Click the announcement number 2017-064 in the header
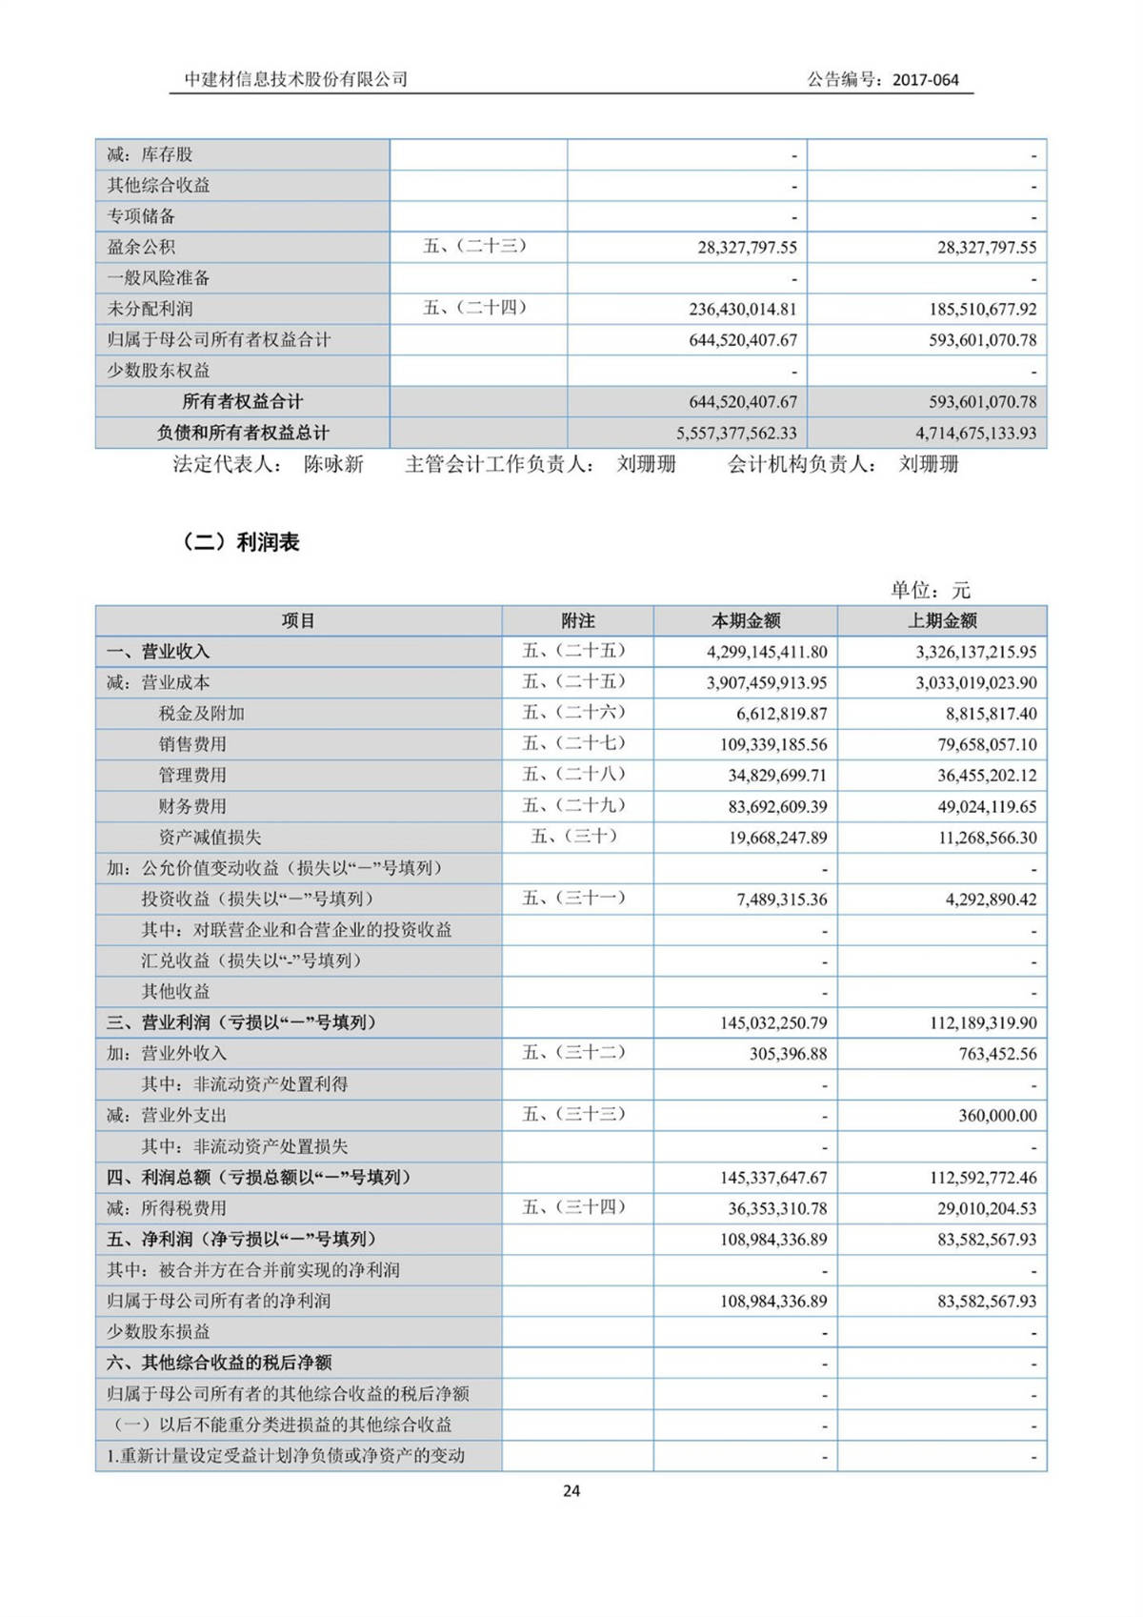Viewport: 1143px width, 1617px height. pos(925,80)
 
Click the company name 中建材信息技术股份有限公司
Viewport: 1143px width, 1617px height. pos(296,79)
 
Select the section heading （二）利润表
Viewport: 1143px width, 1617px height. pos(240,542)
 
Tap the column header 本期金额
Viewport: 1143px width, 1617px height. pos(746,621)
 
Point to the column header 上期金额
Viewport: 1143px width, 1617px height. pos(942,621)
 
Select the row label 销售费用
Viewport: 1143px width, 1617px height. pos(192,744)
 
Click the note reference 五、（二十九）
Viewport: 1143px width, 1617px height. pos(574,805)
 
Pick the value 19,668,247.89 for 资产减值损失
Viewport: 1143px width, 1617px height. pos(778,838)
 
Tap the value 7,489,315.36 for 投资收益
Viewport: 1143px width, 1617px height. pos(781,899)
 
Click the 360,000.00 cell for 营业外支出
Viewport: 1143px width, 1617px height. pos(997,1116)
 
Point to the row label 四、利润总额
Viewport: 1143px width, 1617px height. pos(258,1178)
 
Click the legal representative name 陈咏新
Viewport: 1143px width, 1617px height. pos(333,465)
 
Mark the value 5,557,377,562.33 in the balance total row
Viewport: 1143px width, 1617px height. pos(736,433)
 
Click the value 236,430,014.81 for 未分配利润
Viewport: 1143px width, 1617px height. pos(742,310)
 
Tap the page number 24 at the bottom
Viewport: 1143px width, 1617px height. pos(571,1491)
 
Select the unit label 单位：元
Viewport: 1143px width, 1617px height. pos(930,590)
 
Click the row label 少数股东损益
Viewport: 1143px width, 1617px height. pos(158,1332)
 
